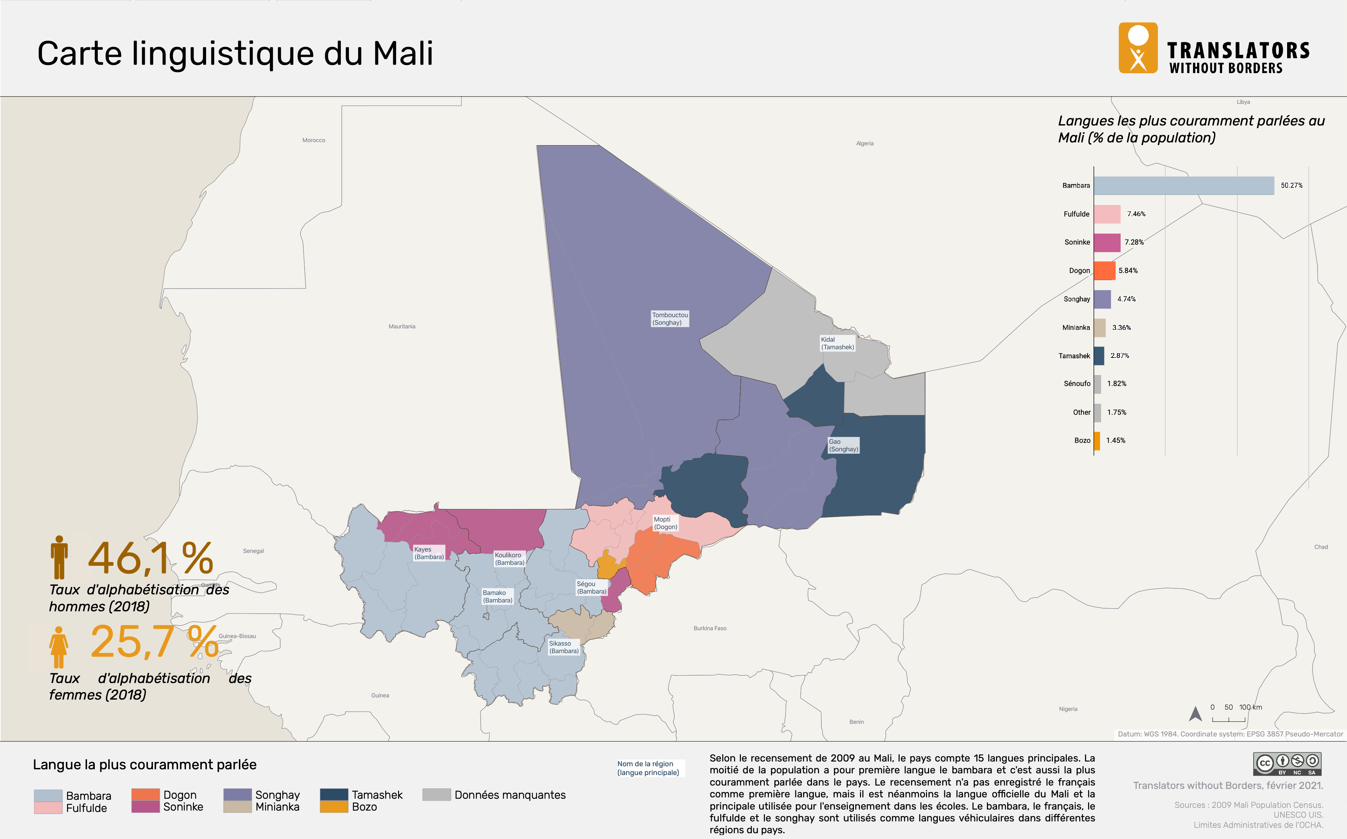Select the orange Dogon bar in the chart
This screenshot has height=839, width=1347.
[1104, 271]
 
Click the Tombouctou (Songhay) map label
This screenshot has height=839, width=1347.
[669, 318]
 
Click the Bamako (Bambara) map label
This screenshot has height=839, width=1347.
[497, 596]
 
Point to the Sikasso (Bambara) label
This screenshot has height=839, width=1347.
[563, 647]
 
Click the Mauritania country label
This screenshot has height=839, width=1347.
[402, 326]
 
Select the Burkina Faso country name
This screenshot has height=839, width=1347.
[709, 628]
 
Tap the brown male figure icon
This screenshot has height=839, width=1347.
[59, 557]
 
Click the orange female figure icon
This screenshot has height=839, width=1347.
[58, 647]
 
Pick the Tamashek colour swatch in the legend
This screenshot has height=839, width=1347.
[334, 795]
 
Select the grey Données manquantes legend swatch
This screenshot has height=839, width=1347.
[436, 795]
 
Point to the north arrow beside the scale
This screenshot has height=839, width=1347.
[1195, 713]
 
